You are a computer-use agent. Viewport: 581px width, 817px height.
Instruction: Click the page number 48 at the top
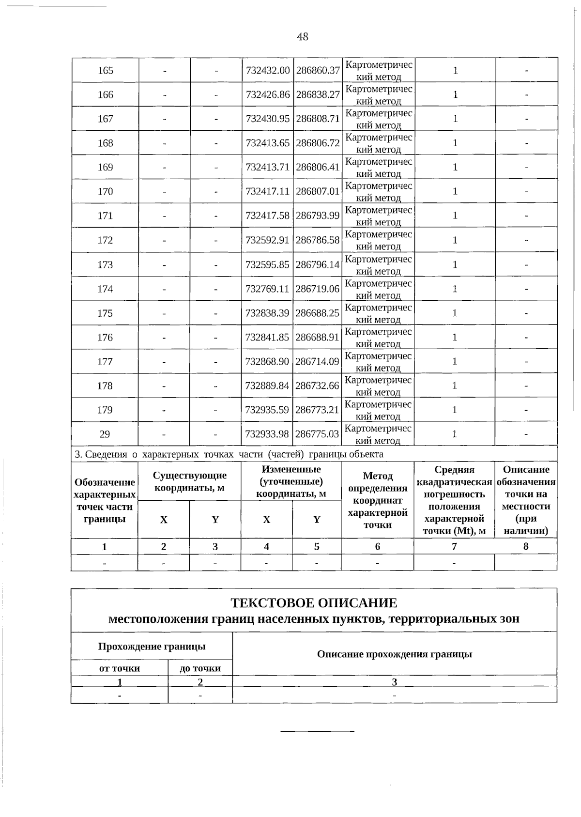coord(303,37)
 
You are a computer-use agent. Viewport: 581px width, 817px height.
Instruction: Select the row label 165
coord(105,71)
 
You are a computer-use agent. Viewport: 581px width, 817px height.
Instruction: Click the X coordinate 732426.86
coord(268,95)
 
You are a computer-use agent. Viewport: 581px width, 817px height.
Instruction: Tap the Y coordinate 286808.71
coord(318,119)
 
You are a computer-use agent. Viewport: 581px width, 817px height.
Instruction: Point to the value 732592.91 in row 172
coord(267,240)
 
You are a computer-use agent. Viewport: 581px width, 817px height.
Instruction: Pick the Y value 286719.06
coord(317,289)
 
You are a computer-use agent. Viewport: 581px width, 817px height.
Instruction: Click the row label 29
coord(105,434)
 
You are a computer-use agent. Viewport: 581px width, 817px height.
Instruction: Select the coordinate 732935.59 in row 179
coord(267,410)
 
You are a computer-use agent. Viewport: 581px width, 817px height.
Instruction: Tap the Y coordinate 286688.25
coord(317,313)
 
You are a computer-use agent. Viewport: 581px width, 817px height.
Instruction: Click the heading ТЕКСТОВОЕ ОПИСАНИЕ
coord(313,603)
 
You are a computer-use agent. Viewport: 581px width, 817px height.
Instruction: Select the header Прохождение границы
coord(152,647)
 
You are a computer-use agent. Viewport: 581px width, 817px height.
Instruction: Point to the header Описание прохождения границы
coord(394,654)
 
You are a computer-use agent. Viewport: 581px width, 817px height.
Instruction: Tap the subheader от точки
coord(119,668)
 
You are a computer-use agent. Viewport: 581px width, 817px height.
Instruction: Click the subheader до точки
coord(200,668)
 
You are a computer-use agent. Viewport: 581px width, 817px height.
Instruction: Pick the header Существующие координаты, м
coord(189,481)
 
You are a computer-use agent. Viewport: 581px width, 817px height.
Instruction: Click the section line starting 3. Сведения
coord(229,454)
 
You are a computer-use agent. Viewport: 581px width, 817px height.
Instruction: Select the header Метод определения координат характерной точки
coord(377,500)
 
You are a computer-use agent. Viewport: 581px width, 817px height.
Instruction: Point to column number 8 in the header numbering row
coord(526,546)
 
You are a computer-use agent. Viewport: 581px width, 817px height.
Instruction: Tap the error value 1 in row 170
coord(455,192)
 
